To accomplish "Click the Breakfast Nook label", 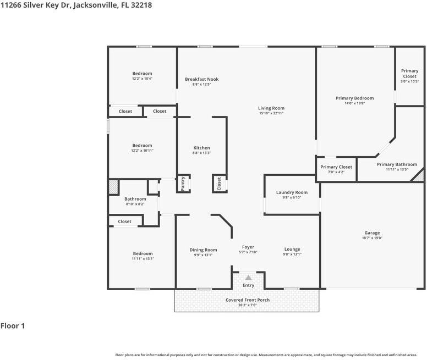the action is [x=202, y=79].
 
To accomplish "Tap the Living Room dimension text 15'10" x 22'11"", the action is [x=271, y=113].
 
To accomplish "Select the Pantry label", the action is [x=183, y=183].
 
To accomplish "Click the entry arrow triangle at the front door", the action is [x=248, y=278].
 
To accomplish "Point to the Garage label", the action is [x=372, y=232].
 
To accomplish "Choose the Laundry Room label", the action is [x=292, y=192].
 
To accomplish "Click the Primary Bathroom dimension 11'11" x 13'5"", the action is [x=397, y=169].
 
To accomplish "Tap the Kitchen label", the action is [x=201, y=148].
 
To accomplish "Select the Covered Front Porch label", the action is [x=248, y=300].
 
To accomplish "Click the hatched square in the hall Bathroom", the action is [x=113, y=187].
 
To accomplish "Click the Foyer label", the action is [x=248, y=247].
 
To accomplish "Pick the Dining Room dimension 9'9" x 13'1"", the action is [x=203, y=255].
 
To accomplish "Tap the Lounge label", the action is [x=292, y=249].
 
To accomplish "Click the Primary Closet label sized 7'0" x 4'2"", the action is [x=336, y=167].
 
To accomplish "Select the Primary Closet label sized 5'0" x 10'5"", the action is [x=409, y=74].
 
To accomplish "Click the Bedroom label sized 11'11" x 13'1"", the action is [x=143, y=253].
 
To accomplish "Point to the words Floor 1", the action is [x=13, y=326].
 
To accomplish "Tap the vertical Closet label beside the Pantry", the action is [x=219, y=184].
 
